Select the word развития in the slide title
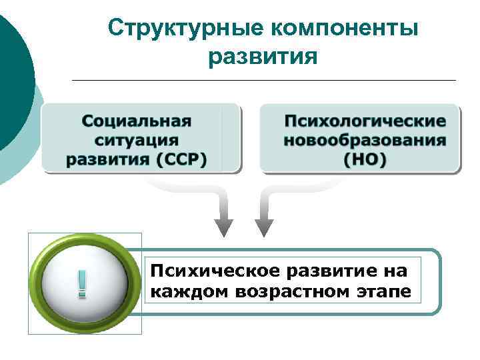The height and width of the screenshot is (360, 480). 263,58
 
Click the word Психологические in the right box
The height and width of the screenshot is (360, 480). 365,121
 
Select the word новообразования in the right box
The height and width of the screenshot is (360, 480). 365,140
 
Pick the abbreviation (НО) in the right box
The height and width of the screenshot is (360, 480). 365,159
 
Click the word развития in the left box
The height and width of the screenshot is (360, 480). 105,159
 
